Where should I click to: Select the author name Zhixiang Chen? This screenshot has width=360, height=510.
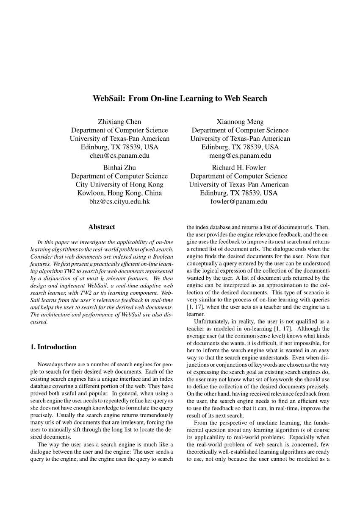(119, 122)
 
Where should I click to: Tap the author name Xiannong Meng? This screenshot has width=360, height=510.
(240, 122)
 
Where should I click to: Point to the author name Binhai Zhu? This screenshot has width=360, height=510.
(119, 167)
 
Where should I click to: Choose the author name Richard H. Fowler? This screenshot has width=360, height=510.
(239, 167)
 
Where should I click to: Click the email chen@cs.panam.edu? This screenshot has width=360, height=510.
(119, 156)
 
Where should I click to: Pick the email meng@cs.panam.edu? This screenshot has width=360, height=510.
(240, 156)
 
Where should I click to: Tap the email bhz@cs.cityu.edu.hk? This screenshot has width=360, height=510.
(119, 201)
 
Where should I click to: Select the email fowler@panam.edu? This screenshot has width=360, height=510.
(239, 201)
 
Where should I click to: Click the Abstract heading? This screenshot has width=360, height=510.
(102, 227)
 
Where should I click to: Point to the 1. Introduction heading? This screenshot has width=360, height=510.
(53, 347)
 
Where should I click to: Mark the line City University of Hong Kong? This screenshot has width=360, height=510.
(119, 184)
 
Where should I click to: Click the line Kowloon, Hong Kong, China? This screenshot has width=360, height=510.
(119, 193)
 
